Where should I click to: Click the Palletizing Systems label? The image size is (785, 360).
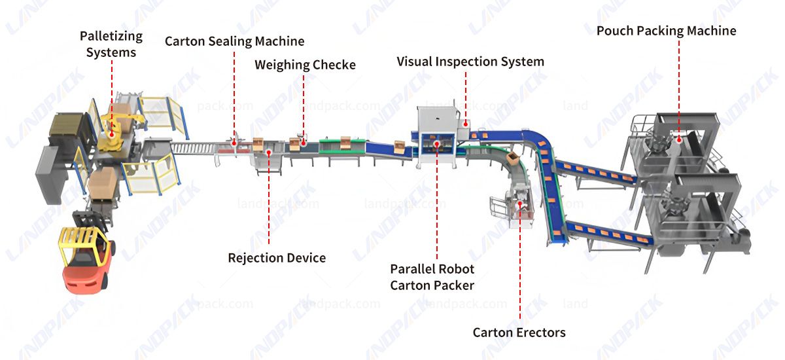pyautogui.click(x=111, y=43)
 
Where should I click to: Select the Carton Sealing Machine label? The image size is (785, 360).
pyautogui.click(x=234, y=41)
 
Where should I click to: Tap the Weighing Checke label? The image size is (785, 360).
pyautogui.click(x=305, y=65)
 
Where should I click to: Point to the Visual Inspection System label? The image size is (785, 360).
pyautogui.click(x=470, y=62)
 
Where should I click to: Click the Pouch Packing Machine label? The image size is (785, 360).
pyautogui.click(x=666, y=31)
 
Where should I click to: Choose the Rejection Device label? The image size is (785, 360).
pyautogui.click(x=277, y=258)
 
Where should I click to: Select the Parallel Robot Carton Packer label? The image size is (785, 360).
pyautogui.click(x=432, y=277)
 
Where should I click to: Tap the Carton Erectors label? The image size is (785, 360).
pyautogui.click(x=519, y=333)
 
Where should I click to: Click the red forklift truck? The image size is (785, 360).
pyautogui.click(x=85, y=262)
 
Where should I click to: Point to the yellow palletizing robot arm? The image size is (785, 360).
pyautogui.click(x=118, y=128)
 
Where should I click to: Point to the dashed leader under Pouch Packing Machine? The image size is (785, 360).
pyautogui.click(x=678, y=85)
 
